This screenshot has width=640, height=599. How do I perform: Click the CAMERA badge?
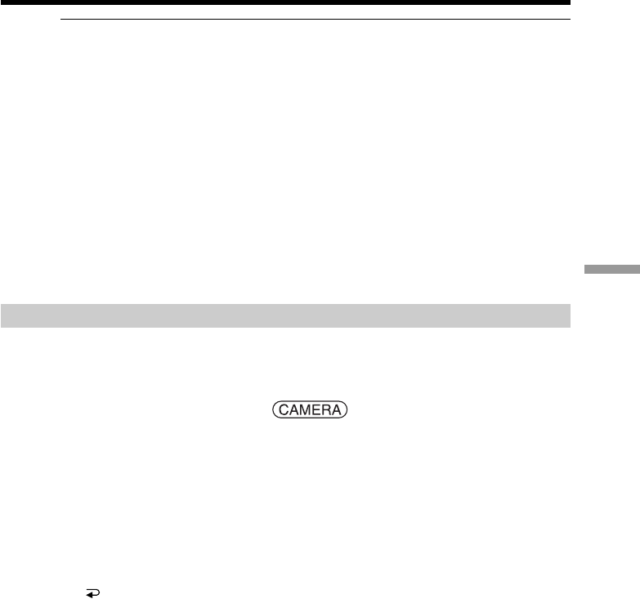(310, 409)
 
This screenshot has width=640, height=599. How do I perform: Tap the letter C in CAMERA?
(284, 409)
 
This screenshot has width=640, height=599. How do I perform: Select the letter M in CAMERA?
(306, 409)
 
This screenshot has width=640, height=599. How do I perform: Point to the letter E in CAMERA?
(316, 409)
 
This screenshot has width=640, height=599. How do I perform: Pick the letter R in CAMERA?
(326, 409)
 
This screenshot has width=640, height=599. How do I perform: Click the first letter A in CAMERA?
(294, 409)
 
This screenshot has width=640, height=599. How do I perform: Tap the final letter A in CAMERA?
(336, 409)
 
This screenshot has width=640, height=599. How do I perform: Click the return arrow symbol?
(93, 593)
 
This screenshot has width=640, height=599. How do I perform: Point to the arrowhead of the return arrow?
(89, 595)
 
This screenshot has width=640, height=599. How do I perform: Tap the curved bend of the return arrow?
(98, 592)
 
